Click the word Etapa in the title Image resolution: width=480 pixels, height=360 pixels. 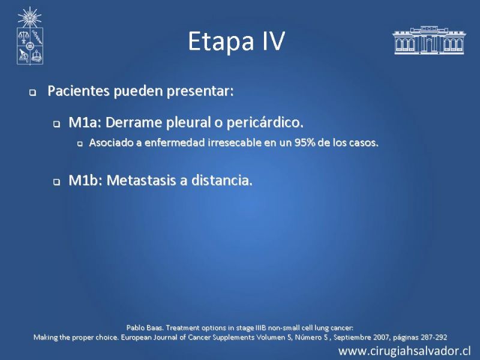pos(221,41)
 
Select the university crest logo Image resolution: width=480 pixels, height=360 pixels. pos(29,35)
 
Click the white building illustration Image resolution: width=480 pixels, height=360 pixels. pos(429,40)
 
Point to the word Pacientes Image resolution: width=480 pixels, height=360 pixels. pos(79,91)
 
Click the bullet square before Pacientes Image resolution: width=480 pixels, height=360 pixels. pos(32,92)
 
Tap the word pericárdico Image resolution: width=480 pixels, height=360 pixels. pos(265,123)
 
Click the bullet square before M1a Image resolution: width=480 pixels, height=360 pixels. pos(56,124)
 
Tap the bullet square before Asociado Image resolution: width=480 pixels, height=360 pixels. pos(80,143)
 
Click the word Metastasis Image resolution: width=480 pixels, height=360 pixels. pos(142,181)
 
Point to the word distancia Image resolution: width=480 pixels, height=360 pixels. pos(222,181)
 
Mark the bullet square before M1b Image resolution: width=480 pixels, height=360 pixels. pos(56,182)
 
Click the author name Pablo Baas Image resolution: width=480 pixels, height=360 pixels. pos(145,328)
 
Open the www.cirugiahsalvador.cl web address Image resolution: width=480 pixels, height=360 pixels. pos(404,351)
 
